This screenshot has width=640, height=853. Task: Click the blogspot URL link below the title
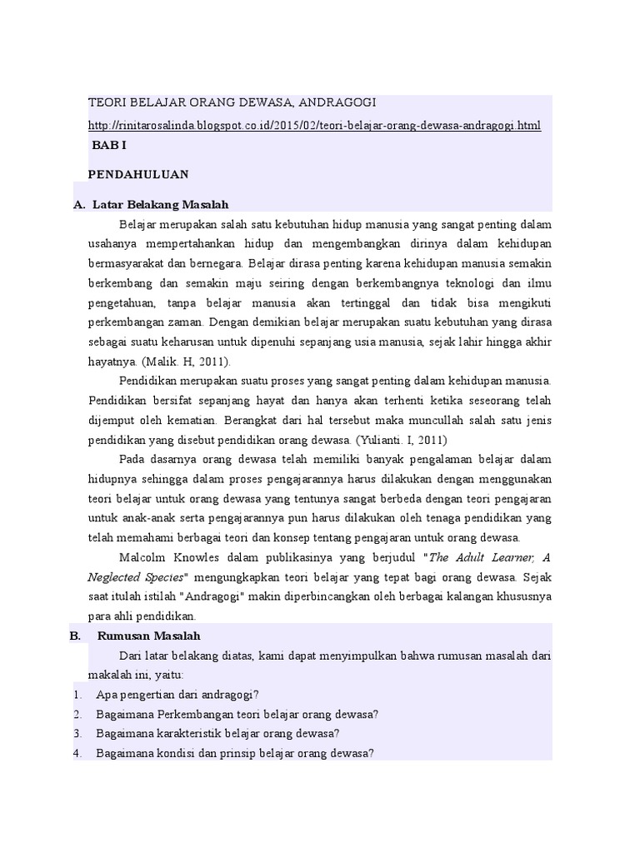click(x=314, y=126)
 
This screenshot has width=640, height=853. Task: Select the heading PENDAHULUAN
click(x=138, y=174)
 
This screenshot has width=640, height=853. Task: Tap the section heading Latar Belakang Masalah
click(x=161, y=204)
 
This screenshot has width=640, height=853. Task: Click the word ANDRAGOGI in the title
click(x=336, y=102)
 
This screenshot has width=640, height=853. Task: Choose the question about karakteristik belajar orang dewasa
click(x=217, y=734)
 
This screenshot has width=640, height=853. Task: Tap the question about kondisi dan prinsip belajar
click(x=235, y=753)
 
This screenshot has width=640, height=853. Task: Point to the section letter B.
click(x=75, y=636)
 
